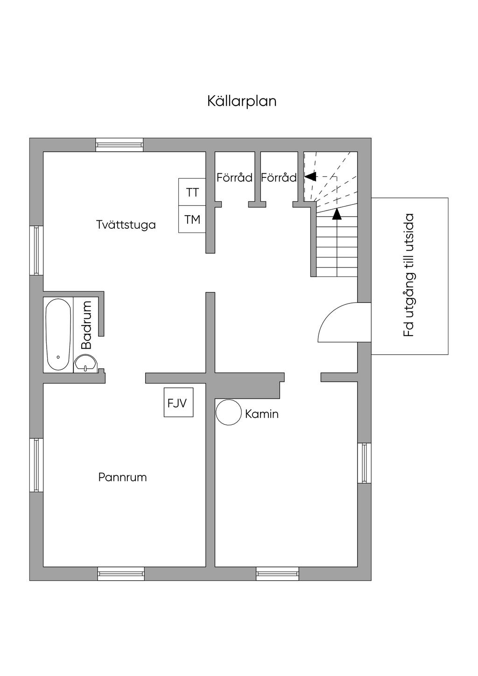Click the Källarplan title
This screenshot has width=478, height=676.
242,101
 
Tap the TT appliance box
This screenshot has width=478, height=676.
192,192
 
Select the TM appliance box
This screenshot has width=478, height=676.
192,219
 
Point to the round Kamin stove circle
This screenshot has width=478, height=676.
229,412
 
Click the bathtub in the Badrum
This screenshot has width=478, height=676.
58,335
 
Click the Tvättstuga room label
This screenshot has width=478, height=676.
126,225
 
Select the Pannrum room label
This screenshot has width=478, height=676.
122,477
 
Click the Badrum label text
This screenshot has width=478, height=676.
86,325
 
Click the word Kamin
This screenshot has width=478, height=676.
261,414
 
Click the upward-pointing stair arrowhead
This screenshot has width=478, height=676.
337,214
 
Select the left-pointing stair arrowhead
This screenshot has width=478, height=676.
310,176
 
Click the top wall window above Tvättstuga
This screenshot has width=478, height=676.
119,145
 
